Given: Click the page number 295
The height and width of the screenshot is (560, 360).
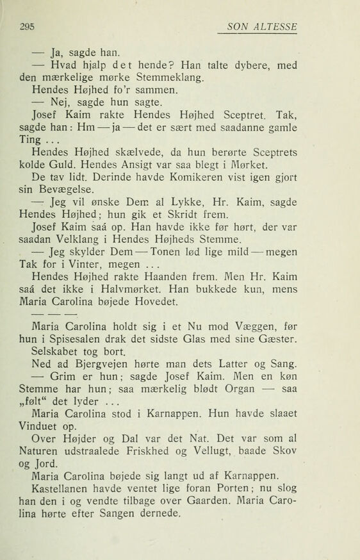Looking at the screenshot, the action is pyautogui.click(x=26, y=27).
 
